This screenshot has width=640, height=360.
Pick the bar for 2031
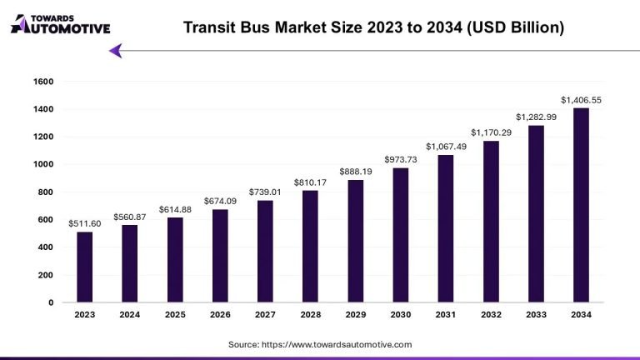pyautogui.click(x=446, y=228)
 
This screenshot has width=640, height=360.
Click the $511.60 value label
pyautogui.click(x=85, y=222)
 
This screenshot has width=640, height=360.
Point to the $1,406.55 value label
pyautogui.click(x=581, y=100)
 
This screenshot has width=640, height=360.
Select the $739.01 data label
pyautogui.click(x=265, y=191)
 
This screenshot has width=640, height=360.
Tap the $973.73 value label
pyautogui.click(x=401, y=159)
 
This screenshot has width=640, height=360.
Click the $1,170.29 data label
pyautogui.click(x=491, y=132)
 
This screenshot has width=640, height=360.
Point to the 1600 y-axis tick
pyautogui.click(x=43, y=82)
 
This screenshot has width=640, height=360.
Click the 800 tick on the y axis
pyautogui.click(x=45, y=192)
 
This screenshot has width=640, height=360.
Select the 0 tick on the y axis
pyautogui.click(x=50, y=302)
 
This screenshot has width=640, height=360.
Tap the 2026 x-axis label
pyautogui.click(x=220, y=315)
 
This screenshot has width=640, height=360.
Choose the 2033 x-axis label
pyautogui.click(x=536, y=315)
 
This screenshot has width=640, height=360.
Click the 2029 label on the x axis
pyautogui.click(x=356, y=315)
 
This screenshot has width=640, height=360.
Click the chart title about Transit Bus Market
pyautogui.click(x=373, y=27)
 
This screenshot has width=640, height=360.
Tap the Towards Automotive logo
pyautogui.click(x=59, y=22)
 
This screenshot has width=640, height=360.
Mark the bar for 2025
pyautogui.click(x=175, y=259)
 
